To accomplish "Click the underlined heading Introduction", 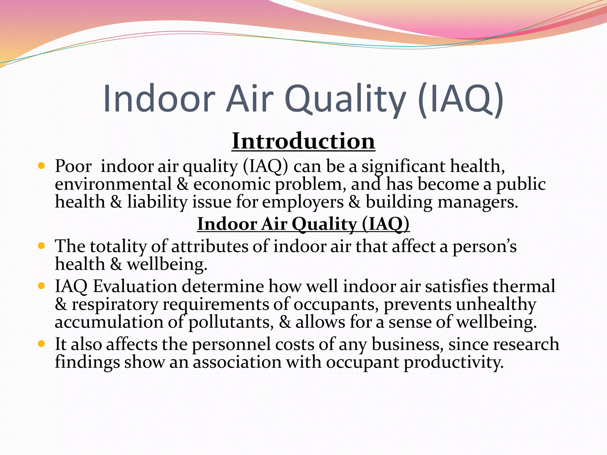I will (x=303, y=142).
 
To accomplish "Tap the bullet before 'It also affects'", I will (x=41, y=344).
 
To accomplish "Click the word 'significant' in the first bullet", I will (x=403, y=166).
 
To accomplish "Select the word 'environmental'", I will (x=113, y=184).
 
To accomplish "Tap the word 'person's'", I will (x=484, y=247).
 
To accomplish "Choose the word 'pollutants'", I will (x=231, y=323).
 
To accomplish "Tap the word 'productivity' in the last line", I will (x=453, y=363).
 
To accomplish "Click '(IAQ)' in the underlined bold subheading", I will (x=385, y=224).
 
